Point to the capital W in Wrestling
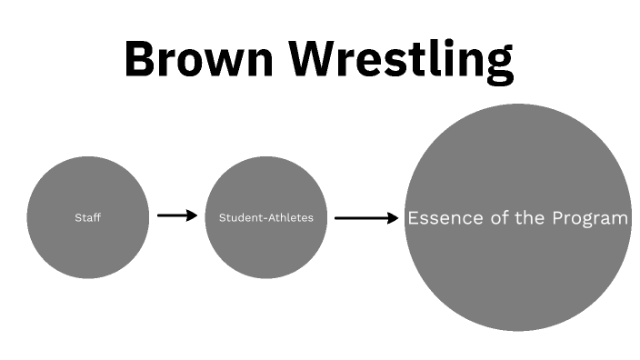pos(325,59)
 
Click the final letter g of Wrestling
pos(498,65)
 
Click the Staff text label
pos(87,218)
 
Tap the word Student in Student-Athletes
pos(237,218)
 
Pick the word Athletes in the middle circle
pos(289,218)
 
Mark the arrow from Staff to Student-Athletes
pos(176,215)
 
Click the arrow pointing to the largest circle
pos(365,218)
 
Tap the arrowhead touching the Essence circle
pos(393,218)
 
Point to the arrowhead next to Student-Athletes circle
pos(191,215)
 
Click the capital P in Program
pos(560,218)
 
